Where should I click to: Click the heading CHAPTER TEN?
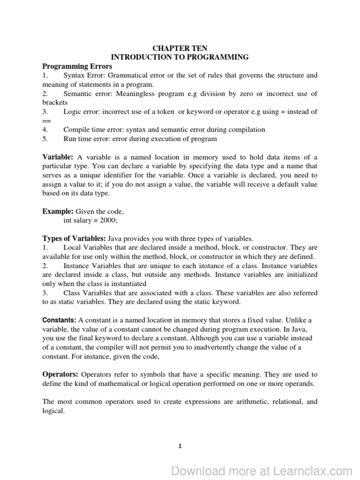[180, 48]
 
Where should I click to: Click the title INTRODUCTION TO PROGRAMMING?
[180, 57]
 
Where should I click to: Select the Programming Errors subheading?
[72, 67]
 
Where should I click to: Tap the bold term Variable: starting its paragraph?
[58, 157]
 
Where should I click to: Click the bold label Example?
[58, 211]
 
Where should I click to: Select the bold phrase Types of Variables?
[74, 238]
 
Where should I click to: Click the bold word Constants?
[60, 320]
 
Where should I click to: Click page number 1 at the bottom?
[180, 446]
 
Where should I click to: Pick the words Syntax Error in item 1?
[82, 75]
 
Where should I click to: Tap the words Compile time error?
[92, 129]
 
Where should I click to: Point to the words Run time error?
[85, 139]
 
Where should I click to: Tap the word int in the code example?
[67, 220]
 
